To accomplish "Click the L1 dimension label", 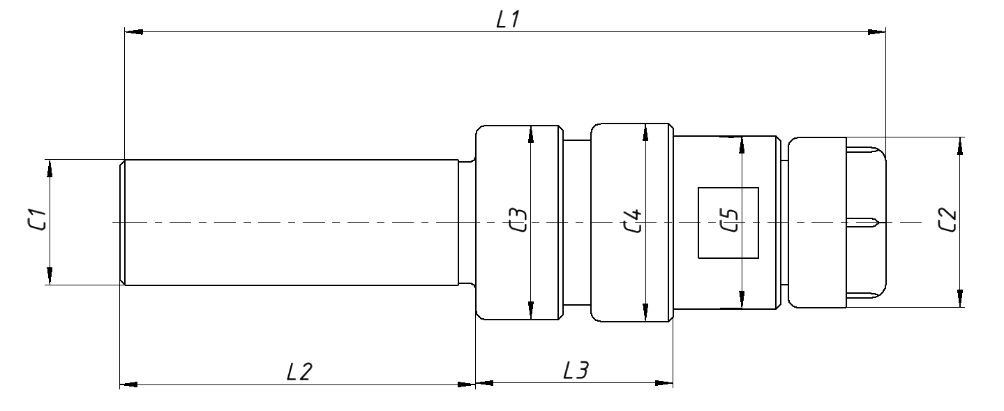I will (x=507, y=20).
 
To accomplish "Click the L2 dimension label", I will (x=298, y=372).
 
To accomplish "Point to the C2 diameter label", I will (x=947, y=221).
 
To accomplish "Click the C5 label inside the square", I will (x=728, y=222).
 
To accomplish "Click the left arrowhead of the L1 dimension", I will (x=133, y=31).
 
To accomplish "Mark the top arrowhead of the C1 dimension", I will (x=50, y=167).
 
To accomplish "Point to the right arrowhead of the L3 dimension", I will (x=666, y=383).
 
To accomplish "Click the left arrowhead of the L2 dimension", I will (x=128, y=384).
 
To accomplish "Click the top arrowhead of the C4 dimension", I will (x=646, y=132).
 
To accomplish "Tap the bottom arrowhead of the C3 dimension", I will (x=531, y=312).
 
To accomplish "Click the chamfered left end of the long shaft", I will (x=122, y=222).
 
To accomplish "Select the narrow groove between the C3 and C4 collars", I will (x=576, y=222).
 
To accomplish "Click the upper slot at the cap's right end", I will (x=865, y=151).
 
